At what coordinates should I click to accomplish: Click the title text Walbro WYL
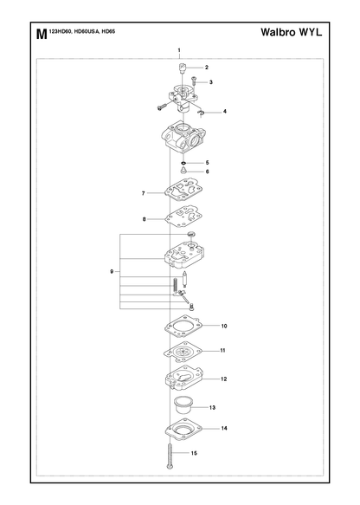click(291, 32)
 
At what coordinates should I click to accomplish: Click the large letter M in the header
click(42, 34)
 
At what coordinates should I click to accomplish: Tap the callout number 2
click(207, 68)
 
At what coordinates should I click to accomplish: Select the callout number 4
click(224, 112)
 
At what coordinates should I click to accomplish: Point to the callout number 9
click(112, 271)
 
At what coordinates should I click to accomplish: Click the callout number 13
click(212, 407)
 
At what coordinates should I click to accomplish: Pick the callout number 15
click(194, 453)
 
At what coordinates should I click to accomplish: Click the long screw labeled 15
click(170, 456)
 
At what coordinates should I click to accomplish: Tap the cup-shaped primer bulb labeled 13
click(183, 405)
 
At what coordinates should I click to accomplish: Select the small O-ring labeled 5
click(183, 163)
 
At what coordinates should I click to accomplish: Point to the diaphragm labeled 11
click(183, 353)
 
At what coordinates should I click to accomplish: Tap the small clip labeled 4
click(201, 113)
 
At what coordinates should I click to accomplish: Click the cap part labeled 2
click(183, 68)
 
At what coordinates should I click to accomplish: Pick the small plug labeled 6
click(183, 171)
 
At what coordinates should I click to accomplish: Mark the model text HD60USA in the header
click(87, 31)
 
